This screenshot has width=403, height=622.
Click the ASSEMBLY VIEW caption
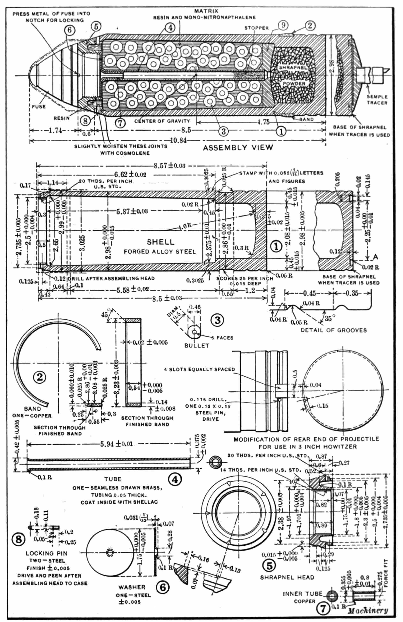(238, 148)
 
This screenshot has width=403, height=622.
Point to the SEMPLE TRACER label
(377, 100)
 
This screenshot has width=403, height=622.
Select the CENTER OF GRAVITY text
(162, 121)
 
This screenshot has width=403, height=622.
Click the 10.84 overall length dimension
(178, 141)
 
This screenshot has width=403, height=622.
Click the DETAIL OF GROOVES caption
(334, 330)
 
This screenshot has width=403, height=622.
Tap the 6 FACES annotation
(222, 338)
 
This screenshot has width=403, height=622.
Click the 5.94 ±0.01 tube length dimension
(116, 444)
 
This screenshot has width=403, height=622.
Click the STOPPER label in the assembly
(256, 28)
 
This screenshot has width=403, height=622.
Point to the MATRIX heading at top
(206, 11)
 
